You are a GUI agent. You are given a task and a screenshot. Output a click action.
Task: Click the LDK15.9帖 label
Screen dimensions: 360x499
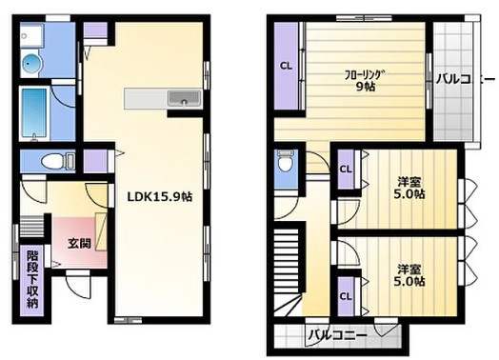click(x=159, y=197)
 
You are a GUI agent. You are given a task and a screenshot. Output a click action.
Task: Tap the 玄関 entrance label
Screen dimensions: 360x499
click(x=78, y=243)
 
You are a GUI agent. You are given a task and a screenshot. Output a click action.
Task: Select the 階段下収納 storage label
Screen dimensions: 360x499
click(x=32, y=277)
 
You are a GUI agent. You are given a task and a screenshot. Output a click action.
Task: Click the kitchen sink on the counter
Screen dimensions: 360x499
click(x=181, y=98)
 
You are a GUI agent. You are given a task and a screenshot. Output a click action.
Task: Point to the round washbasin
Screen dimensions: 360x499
click(x=30, y=64)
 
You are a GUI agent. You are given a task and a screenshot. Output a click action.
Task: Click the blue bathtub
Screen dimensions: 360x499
click(x=35, y=113)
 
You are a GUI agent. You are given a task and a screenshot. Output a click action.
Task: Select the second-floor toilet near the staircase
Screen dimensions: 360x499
click(x=282, y=164)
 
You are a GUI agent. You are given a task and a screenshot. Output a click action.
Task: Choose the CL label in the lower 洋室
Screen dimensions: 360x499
click(x=346, y=294)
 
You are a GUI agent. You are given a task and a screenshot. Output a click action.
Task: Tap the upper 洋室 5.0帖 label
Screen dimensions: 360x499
click(x=410, y=187)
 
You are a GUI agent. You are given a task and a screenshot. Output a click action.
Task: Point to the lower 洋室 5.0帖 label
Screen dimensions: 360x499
click(x=410, y=274)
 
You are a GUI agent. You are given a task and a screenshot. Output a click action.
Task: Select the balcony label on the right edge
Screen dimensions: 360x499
click(x=464, y=78)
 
